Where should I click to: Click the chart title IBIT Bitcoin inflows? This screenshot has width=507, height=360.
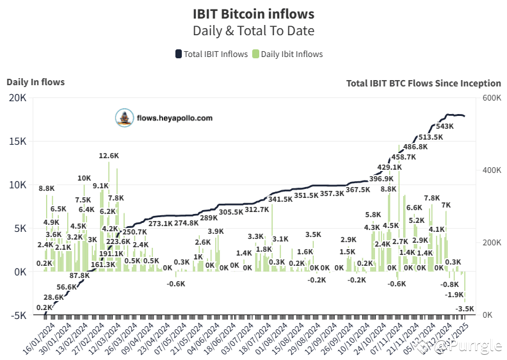[253, 13]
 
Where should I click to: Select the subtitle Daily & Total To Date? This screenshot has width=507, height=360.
[253, 30]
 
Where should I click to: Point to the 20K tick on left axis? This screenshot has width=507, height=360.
[17, 97]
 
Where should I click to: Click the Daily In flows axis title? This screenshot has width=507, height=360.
[36, 82]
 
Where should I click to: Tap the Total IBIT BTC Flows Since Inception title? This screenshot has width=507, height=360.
[424, 83]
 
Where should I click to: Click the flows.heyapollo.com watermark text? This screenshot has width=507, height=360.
[174, 118]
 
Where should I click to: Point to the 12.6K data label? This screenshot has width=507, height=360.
[109, 156]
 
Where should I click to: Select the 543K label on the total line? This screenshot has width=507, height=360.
[444, 126]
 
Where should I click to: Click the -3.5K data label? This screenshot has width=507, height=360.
[465, 309]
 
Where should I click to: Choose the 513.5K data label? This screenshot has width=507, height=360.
[430, 137]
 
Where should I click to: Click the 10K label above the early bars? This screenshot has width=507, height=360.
[84, 178]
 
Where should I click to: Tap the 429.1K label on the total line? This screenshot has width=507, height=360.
[389, 167]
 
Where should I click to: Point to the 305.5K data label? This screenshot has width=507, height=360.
[231, 212]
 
